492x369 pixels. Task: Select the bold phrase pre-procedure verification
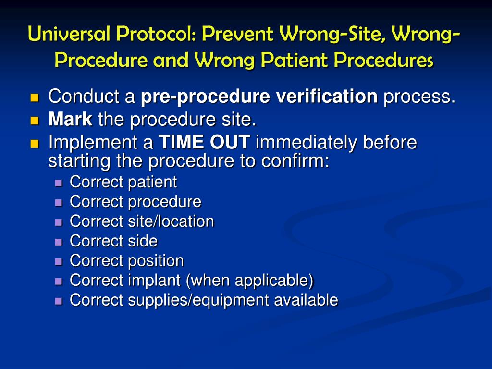coord(259,97)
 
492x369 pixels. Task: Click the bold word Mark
coord(70,120)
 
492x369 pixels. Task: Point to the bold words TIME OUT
coord(204,142)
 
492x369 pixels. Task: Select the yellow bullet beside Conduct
coord(35,98)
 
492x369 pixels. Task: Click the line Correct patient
coord(123,182)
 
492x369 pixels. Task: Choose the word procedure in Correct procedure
coord(164,202)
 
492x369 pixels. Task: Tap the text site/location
coord(171,221)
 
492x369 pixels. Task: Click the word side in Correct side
coord(143,241)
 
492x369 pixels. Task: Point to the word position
coord(156,261)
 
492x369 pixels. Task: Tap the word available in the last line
coord(306,300)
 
